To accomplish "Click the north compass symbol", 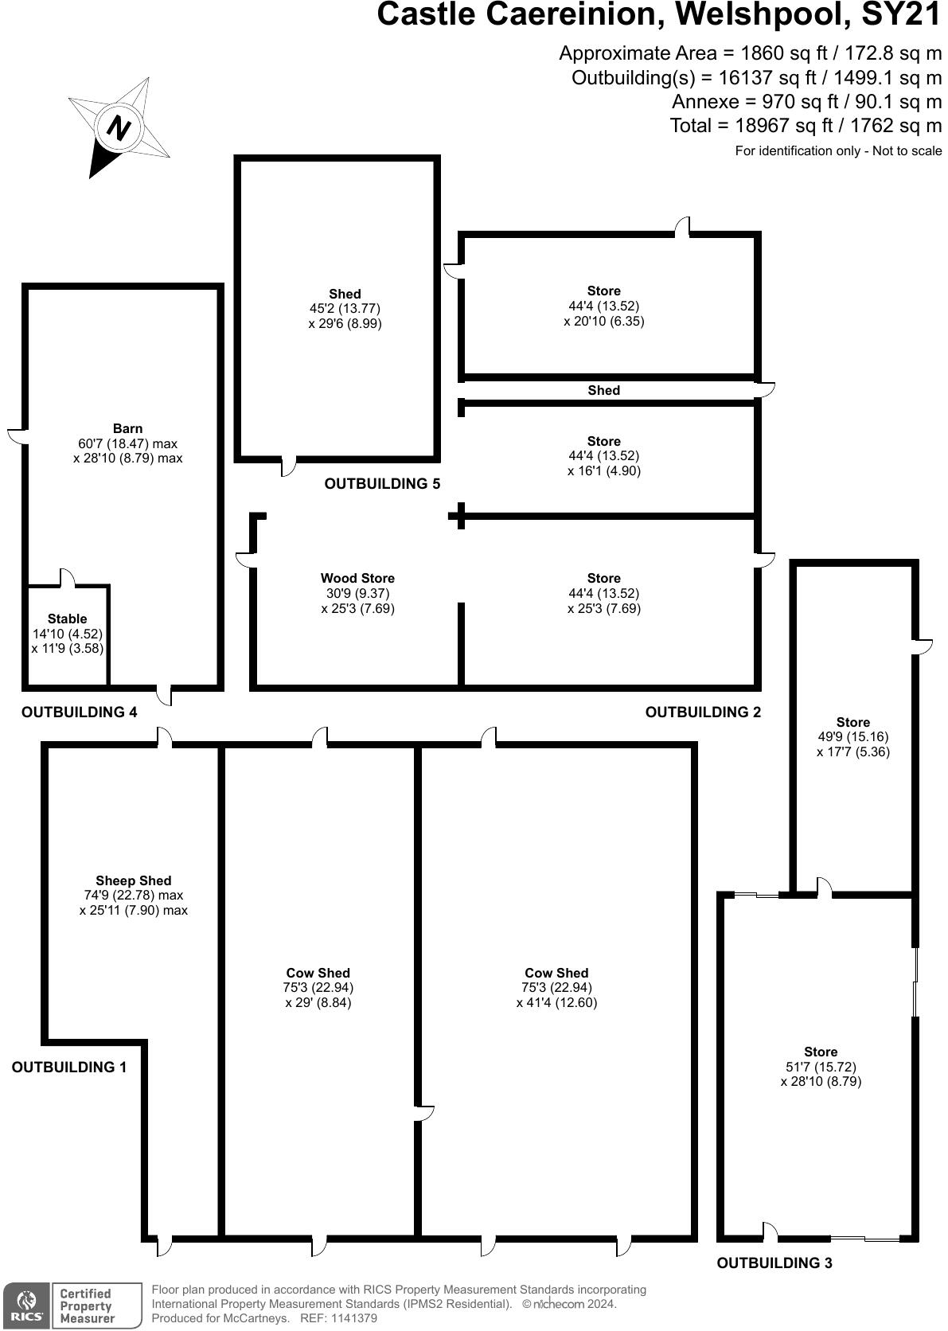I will click(119, 127).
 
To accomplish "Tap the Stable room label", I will click(67, 619).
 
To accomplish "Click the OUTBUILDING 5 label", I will click(382, 484).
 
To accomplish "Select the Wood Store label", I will click(357, 579).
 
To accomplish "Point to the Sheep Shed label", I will click(133, 880).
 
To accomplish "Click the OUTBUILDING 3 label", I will click(774, 1263).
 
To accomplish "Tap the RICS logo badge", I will click(26, 1306).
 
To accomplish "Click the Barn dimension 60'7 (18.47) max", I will click(127, 443).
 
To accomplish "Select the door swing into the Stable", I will click(67, 579).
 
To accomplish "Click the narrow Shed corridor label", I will click(603, 390).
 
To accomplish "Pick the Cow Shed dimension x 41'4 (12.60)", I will click(556, 1003).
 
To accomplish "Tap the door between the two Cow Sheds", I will click(423, 1113).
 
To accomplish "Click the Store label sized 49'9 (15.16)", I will click(852, 723).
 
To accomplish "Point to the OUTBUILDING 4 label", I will click(79, 712).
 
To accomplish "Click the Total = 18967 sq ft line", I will click(806, 126).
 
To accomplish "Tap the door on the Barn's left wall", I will click(18, 436).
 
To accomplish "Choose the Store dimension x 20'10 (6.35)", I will click(603, 322).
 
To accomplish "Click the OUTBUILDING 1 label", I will click(68, 1068).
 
